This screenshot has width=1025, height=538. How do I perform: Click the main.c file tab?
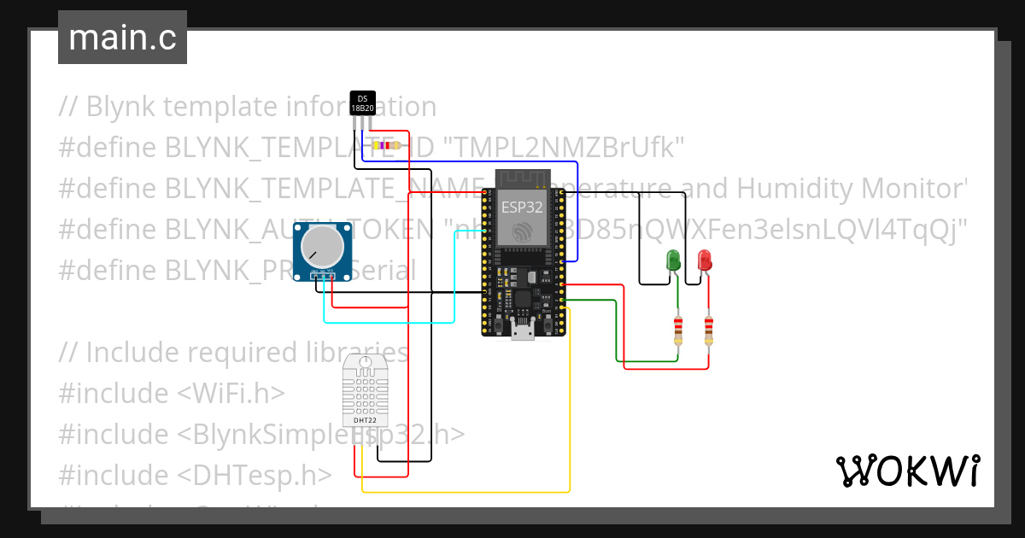pyautogui.click(x=122, y=38)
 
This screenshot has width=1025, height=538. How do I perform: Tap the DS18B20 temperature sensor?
pyautogui.click(x=363, y=102)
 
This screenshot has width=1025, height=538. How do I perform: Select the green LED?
pyautogui.click(x=673, y=260)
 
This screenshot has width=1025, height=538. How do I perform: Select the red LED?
pyautogui.click(x=704, y=260)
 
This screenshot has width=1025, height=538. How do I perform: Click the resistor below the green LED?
pyautogui.click(x=678, y=330)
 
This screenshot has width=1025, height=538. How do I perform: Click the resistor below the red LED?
pyautogui.click(x=708, y=330)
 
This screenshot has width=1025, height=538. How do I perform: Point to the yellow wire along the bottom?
pyautogui.click(x=466, y=492)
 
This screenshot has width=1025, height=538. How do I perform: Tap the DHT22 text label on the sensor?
pyautogui.click(x=365, y=420)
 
